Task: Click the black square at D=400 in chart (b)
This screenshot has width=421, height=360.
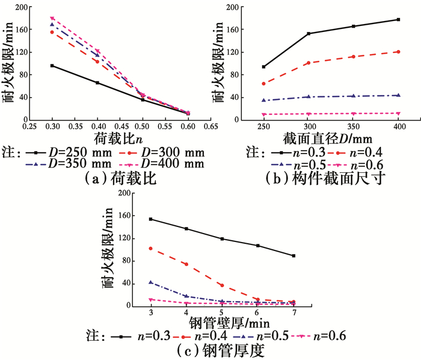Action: click(398, 20)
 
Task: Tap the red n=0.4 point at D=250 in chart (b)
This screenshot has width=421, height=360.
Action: click(263, 84)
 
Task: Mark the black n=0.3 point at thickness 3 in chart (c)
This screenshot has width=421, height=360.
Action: click(150, 219)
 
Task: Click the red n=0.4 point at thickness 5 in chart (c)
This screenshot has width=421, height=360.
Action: click(222, 285)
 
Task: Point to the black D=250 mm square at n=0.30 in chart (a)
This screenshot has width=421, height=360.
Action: click(52, 66)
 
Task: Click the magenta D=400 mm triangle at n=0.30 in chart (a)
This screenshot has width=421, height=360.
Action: click(52, 19)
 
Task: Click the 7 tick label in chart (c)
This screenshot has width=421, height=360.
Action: click(293, 313)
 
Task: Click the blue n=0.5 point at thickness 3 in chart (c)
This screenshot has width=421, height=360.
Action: click(150, 282)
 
